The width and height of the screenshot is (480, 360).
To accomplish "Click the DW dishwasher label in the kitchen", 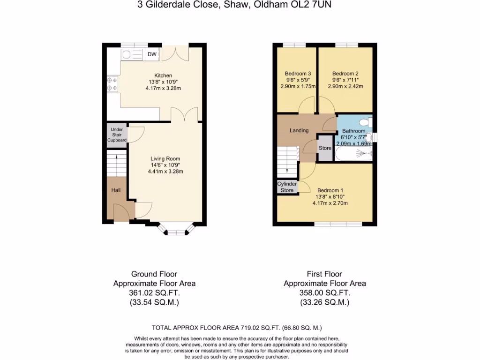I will point(152,54).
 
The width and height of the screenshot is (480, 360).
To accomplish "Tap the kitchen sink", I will point(133,55).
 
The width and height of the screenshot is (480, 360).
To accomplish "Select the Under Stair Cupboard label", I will point(117,135).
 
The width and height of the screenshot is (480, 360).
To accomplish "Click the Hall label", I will point(116,190).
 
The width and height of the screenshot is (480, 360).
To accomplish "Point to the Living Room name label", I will point(165,158).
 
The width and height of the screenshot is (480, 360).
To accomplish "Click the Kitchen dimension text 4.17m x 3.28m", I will point(163,88).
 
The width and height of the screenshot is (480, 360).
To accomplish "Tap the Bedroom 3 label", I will point(298,74).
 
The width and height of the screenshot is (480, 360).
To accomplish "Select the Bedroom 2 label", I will point(345,74).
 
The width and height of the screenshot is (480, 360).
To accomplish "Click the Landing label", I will point(299,130).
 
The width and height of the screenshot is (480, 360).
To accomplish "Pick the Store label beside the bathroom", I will point(325,148).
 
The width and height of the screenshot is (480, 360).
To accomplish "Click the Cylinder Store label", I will point(287,187).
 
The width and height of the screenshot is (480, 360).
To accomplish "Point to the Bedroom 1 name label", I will point(330,190).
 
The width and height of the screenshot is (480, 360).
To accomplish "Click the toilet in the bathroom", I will point(368,123).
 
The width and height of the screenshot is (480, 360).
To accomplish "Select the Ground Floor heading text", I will point(154,274).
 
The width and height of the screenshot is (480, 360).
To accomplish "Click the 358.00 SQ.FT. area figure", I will point(325,293).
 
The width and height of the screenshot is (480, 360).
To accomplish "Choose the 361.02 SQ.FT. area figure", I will point(154,293).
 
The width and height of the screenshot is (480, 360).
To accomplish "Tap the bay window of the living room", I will point(176,230).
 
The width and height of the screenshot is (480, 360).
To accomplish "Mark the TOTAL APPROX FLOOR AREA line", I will point(237,328).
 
